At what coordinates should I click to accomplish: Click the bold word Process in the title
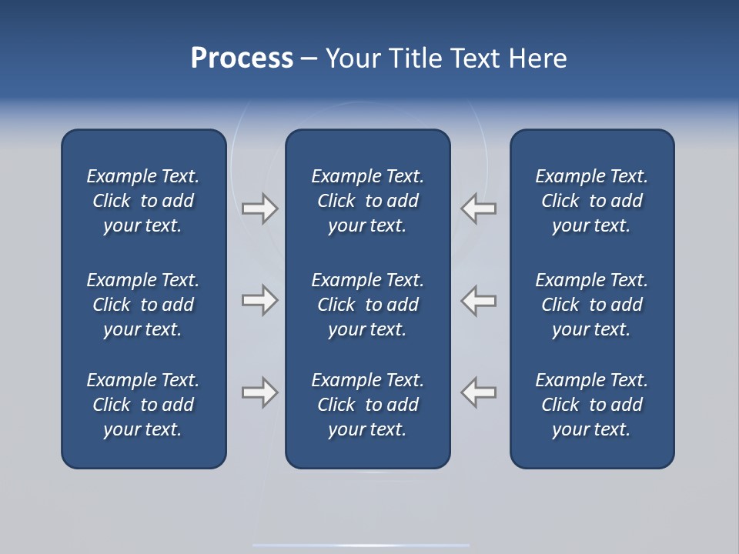[x=242, y=58]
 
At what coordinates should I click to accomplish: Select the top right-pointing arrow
[x=259, y=209]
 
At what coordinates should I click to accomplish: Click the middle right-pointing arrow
[x=259, y=300]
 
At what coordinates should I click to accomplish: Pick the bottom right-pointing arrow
[x=259, y=392]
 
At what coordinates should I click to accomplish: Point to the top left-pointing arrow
[x=479, y=209]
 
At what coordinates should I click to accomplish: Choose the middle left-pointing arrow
[x=479, y=300]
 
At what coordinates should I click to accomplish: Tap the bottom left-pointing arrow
[x=479, y=392]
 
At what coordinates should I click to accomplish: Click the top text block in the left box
[x=143, y=201]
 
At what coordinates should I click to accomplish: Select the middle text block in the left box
[x=143, y=305]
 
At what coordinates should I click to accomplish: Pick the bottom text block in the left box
[x=143, y=405]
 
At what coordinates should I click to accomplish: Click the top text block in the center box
[x=367, y=201]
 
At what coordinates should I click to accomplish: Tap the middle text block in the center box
[x=367, y=305]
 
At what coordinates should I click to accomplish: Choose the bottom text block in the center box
[x=367, y=405]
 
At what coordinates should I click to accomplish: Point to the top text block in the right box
[x=592, y=201]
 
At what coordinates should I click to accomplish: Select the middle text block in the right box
[x=592, y=305]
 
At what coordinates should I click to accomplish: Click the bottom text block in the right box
[x=592, y=405]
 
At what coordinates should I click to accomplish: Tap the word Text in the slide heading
[x=475, y=58]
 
